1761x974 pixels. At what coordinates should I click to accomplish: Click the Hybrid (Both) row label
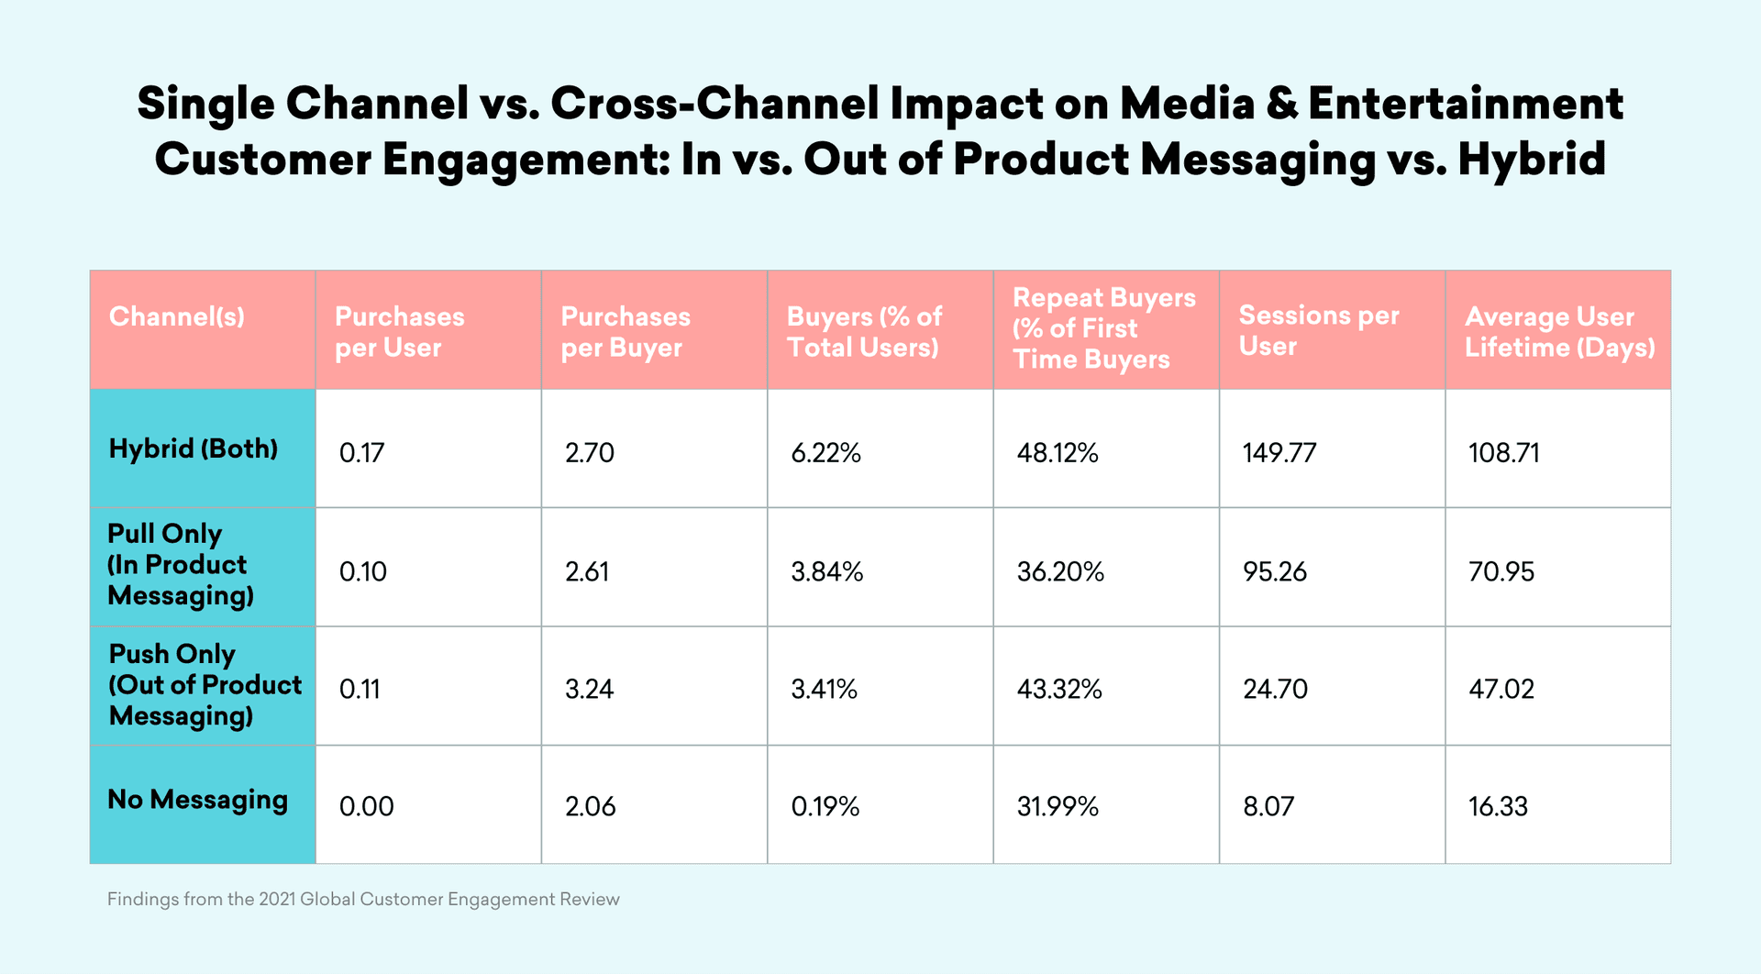[x=193, y=448]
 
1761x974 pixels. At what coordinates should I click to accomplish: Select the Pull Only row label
[x=177, y=565]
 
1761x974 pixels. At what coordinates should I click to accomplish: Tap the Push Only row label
[x=205, y=685]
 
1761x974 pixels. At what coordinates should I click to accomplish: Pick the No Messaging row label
[x=197, y=800]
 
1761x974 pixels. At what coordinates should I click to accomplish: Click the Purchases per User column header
[x=399, y=332]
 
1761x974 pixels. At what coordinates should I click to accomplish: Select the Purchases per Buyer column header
[x=625, y=332]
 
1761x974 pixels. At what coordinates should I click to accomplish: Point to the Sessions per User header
[x=1318, y=330]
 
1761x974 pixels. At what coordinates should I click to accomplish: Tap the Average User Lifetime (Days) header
[x=1559, y=332]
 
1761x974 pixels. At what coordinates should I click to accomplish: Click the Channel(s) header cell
[x=176, y=317]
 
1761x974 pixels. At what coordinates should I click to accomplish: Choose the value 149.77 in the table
[x=1279, y=453]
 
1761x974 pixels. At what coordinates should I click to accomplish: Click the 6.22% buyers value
[x=825, y=453]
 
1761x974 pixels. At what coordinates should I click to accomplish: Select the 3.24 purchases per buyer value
[x=589, y=689]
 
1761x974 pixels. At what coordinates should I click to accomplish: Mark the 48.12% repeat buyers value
[x=1057, y=453]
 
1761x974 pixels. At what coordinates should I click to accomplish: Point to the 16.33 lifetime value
[x=1498, y=807]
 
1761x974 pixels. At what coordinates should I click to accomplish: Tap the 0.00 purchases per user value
[x=366, y=807]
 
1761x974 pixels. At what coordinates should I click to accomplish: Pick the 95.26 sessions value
[x=1274, y=572]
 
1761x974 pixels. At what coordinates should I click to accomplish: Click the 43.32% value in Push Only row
[x=1058, y=689]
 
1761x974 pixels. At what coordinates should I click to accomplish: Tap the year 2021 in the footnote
[x=277, y=900]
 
